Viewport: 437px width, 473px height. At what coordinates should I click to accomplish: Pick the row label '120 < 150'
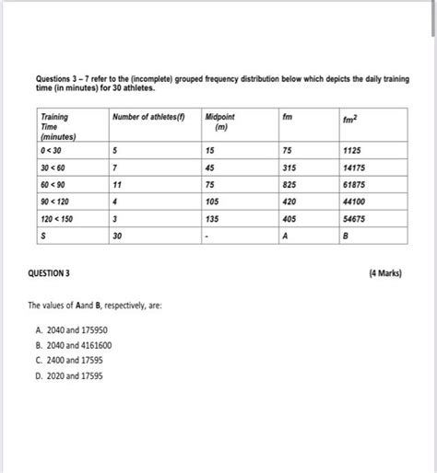coord(56,220)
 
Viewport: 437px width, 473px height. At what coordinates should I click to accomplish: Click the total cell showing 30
coord(117,236)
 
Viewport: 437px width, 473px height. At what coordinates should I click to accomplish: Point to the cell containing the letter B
coord(345,236)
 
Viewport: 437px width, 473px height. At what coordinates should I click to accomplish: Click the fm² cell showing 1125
coord(351,150)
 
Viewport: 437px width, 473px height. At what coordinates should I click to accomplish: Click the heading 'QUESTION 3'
coord(53,273)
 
